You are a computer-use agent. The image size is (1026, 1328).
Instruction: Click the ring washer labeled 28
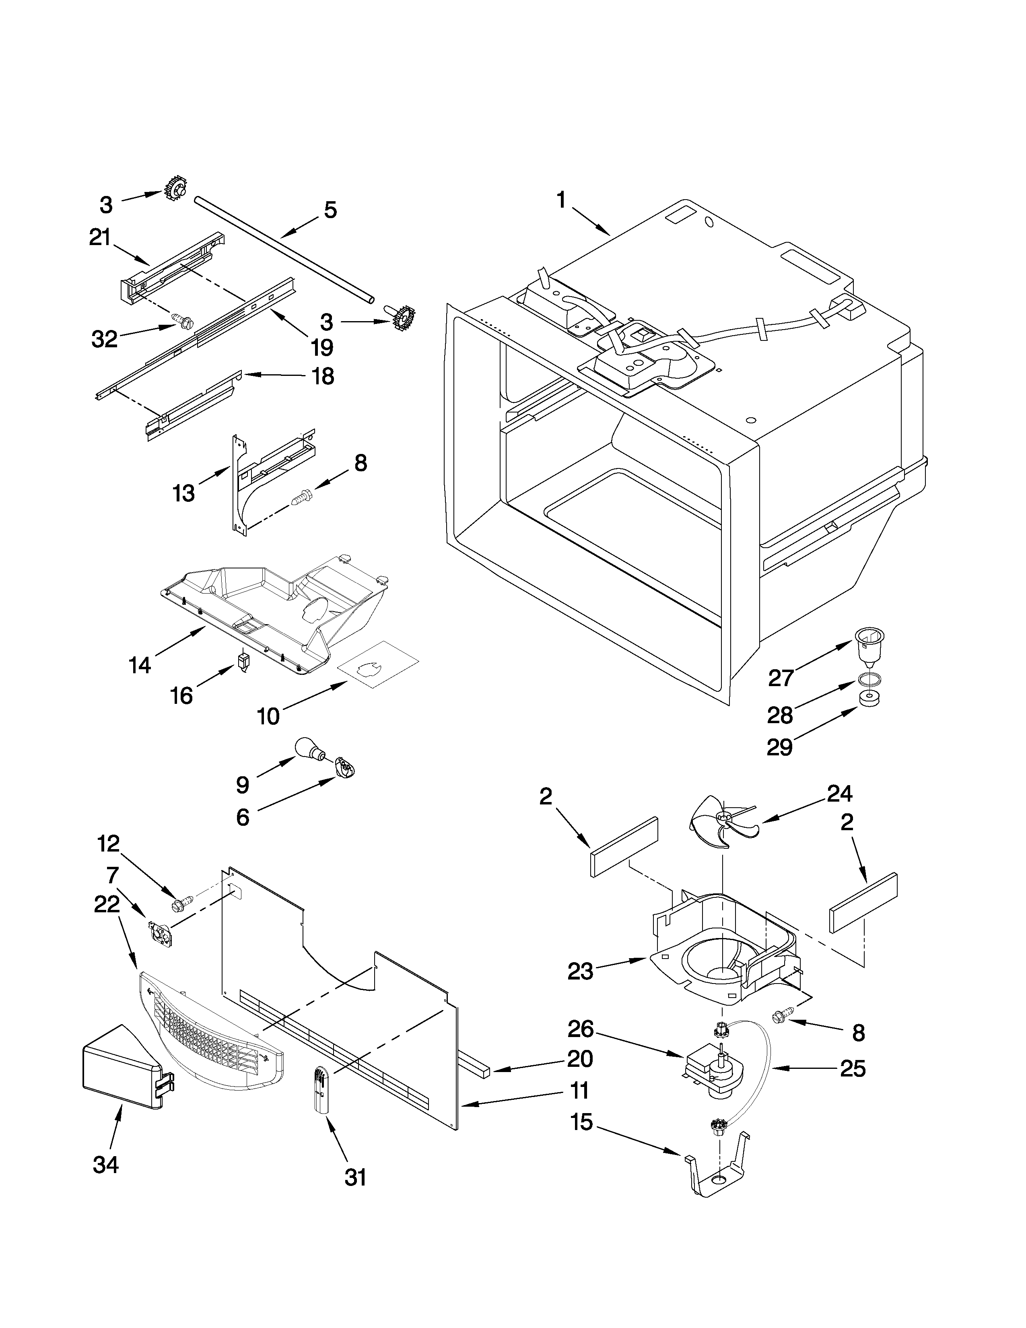(869, 679)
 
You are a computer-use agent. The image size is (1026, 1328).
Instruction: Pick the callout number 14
(140, 665)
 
